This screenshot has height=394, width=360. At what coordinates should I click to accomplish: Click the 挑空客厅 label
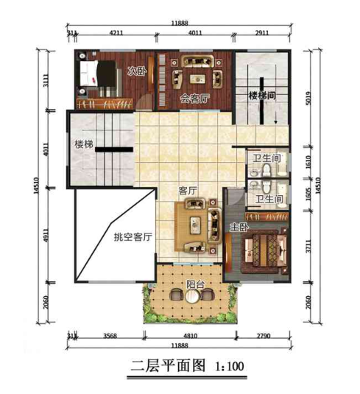tap(133, 237)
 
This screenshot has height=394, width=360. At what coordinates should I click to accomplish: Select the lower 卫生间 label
tap(269, 199)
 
